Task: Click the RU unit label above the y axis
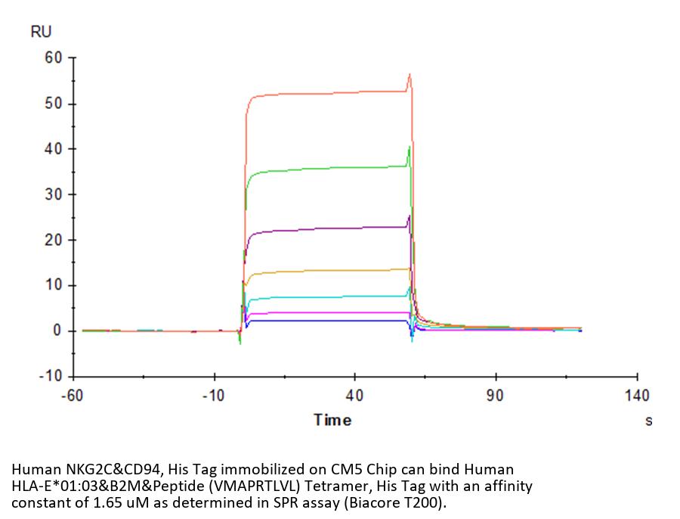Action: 41,32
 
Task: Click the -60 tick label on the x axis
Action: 73,396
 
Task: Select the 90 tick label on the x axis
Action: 495,396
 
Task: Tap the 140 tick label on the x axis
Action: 637,396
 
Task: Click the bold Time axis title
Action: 332,420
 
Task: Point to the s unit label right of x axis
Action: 648,421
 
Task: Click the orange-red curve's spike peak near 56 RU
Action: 410,74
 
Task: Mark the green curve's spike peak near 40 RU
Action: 410,146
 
